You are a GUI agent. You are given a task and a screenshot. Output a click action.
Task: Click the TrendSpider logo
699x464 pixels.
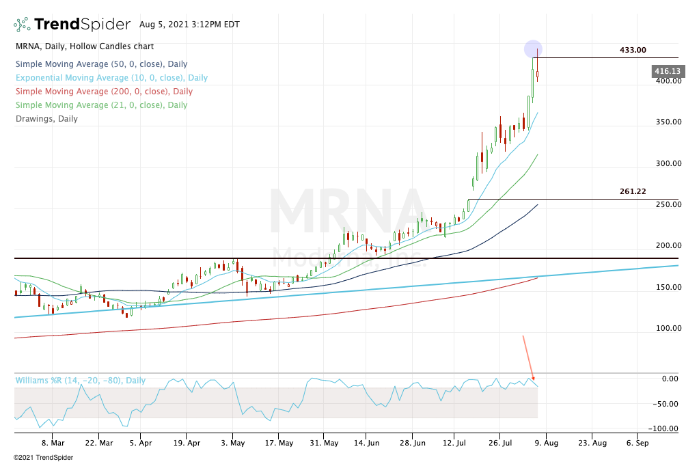tap(72, 25)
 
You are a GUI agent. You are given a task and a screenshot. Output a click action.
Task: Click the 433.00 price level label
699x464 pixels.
tap(633, 50)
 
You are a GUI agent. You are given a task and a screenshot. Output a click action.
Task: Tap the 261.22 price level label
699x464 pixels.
tap(633, 191)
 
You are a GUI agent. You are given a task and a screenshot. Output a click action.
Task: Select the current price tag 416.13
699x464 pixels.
tap(667, 71)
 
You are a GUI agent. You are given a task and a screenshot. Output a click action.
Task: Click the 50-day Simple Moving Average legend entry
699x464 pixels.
tap(101, 64)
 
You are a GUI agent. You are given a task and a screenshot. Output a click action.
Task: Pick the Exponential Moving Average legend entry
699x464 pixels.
tap(111, 78)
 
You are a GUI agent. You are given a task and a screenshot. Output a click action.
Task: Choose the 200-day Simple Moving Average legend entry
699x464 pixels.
tap(103, 92)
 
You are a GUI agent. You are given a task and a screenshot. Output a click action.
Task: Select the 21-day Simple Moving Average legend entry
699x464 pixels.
tap(101, 105)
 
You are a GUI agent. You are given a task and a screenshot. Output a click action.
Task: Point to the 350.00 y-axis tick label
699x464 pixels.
tap(666, 122)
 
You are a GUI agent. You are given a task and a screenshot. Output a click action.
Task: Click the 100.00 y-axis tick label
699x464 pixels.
tap(666, 328)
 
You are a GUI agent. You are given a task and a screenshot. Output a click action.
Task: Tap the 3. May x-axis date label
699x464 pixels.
tap(232, 442)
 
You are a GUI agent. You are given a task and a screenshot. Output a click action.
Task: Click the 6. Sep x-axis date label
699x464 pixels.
tap(637, 442)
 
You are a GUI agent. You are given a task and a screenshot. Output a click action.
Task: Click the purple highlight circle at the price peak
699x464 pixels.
tap(534, 49)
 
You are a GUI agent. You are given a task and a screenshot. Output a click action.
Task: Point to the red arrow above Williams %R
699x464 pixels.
tap(528, 357)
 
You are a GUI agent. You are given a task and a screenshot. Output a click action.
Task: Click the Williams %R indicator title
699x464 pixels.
tap(80, 381)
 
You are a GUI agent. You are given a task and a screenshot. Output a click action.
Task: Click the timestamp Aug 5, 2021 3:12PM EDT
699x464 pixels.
tap(189, 25)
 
